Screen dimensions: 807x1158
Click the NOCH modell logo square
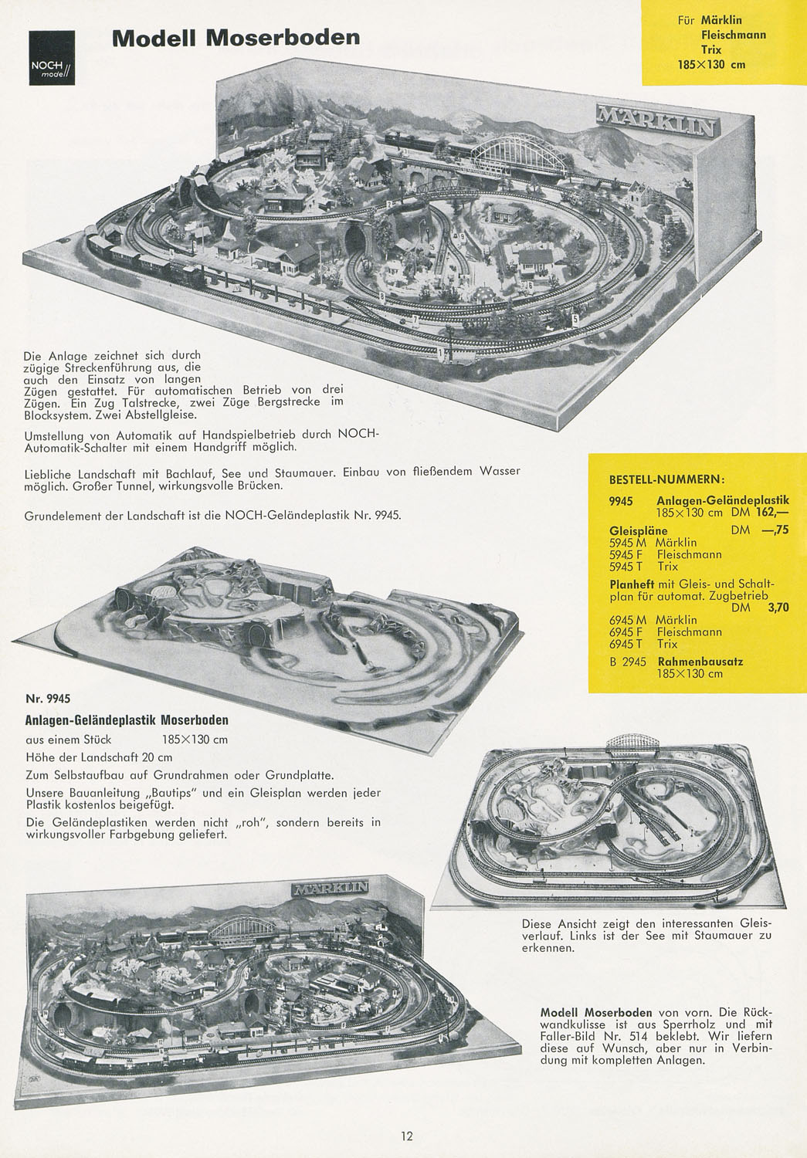(52, 57)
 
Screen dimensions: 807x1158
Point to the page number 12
(406, 1136)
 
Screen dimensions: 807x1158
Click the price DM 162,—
(760, 513)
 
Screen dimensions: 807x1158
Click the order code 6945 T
(625, 644)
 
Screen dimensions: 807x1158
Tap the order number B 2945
(628, 662)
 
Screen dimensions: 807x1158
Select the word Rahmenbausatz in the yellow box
(700, 662)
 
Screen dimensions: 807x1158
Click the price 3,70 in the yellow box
(778, 608)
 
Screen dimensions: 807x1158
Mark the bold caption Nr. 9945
(48, 699)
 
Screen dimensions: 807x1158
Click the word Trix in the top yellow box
(710, 49)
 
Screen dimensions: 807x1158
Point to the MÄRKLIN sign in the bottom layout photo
(330, 888)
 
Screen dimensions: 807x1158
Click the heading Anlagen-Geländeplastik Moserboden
(127, 720)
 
